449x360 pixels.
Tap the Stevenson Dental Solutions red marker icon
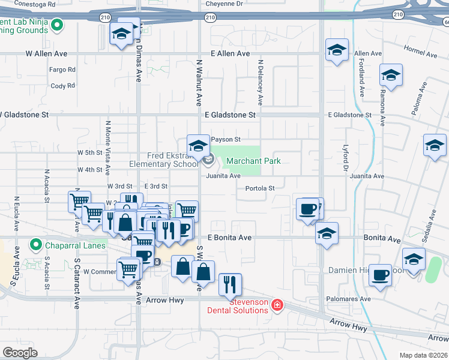click(277, 305)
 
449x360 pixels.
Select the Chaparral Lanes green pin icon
click(36, 245)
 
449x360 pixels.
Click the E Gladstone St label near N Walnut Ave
click(230, 115)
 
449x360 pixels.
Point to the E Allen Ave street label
click(230, 54)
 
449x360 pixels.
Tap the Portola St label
click(260, 188)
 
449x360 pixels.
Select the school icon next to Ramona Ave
click(391, 76)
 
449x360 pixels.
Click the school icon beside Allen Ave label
click(337, 50)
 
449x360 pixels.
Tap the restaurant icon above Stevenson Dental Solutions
click(230, 284)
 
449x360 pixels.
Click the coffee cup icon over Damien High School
click(380, 275)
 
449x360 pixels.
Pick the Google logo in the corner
click(20, 352)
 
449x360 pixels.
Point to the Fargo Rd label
click(63, 70)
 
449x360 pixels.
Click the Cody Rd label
click(63, 86)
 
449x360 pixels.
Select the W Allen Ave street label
click(46, 54)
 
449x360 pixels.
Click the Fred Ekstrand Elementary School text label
click(163, 160)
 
